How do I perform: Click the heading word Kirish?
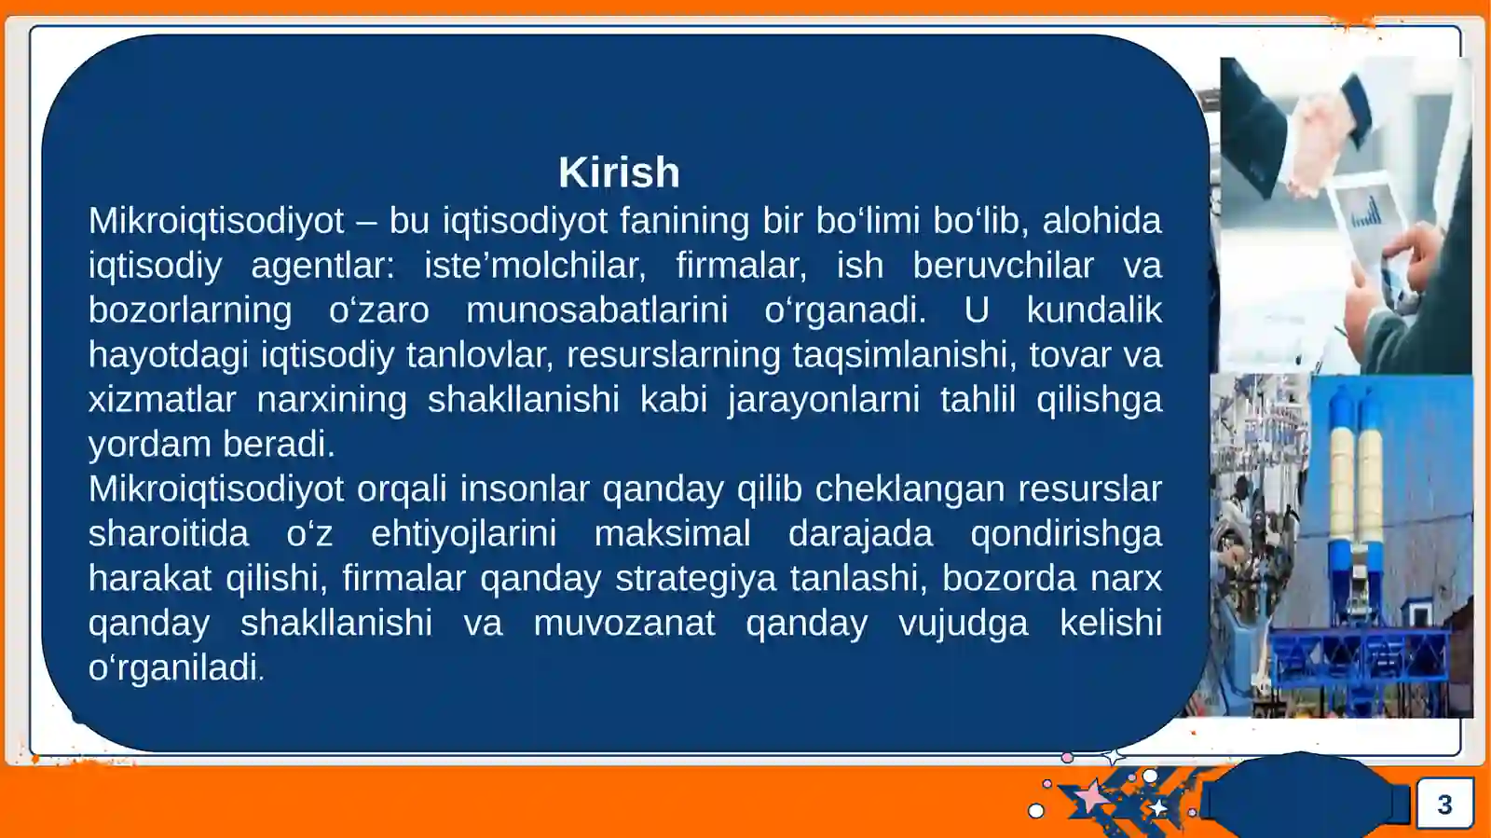(x=619, y=172)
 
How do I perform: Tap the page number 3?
(x=1444, y=804)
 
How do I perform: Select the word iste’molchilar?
(x=534, y=266)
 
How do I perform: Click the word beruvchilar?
(x=1003, y=266)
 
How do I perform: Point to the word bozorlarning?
(x=189, y=310)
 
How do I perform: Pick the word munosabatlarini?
(x=596, y=310)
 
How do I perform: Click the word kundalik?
(x=1094, y=310)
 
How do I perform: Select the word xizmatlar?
(x=161, y=400)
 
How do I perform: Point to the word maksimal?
(x=672, y=534)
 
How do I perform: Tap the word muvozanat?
(x=623, y=624)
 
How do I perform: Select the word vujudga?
(x=963, y=624)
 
